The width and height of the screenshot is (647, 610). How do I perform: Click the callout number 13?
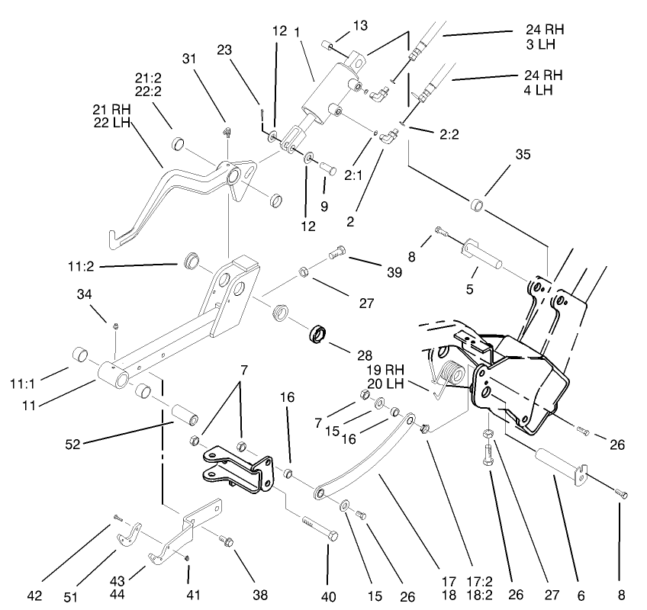pyautogui.click(x=360, y=26)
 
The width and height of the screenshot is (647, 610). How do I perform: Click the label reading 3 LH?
pyautogui.click(x=542, y=45)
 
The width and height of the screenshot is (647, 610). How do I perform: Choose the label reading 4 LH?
pyautogui.click(x=542, y=90)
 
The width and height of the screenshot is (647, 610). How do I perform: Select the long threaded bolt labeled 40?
pyautogui.click(x=319, y=527)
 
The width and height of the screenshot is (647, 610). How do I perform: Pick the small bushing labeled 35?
pyautogui.click(x=478, y=206)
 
